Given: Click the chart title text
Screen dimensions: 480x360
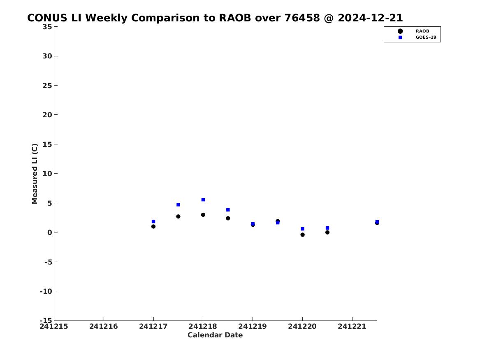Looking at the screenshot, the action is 215,18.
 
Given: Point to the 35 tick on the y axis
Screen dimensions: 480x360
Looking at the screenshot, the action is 47,27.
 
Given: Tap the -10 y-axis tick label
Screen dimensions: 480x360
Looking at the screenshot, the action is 46,291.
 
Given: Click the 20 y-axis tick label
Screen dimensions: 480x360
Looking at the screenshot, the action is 47,115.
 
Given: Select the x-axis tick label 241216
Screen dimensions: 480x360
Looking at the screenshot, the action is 104,327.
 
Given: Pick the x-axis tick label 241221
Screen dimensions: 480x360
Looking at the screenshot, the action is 352,327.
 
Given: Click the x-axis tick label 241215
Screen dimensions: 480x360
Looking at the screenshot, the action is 54,327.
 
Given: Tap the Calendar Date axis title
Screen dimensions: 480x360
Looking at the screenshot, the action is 215,335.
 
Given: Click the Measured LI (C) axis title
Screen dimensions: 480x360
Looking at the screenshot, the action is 35,174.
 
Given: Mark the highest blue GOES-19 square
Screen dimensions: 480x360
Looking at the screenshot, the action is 203,200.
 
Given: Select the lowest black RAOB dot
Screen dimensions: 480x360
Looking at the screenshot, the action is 302,235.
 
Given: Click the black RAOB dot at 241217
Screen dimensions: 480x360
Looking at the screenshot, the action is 153,227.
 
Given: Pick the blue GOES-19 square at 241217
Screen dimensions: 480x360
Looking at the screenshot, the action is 153,221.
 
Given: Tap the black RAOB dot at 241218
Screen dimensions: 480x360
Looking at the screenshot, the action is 203,215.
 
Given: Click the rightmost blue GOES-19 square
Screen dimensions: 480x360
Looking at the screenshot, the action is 377,222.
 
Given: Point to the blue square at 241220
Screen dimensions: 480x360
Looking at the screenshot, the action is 302,229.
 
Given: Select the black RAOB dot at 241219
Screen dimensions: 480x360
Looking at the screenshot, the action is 253,225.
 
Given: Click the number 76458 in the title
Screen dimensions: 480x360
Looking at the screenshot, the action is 302,18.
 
